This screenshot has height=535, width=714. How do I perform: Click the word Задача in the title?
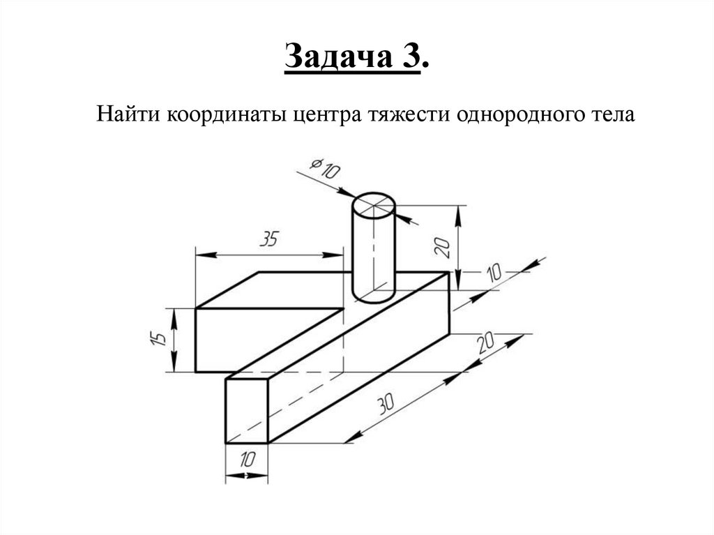click(337, 58)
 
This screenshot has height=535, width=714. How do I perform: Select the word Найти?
click(128, 114)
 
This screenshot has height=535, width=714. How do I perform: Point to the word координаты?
click(225, 114)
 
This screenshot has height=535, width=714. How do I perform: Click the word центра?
click(324, 114)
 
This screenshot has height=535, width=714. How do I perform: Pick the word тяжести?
click(405, 114)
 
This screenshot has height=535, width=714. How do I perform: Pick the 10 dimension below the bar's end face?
click(247, 460)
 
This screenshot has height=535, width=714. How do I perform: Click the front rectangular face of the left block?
click(230, 340)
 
